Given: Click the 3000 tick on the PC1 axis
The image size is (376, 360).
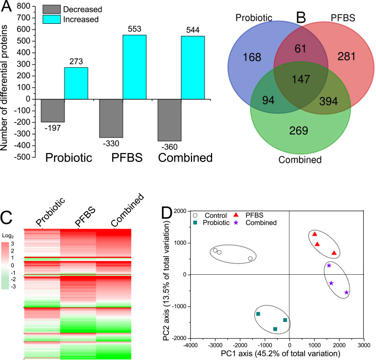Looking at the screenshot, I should point(363,345).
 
